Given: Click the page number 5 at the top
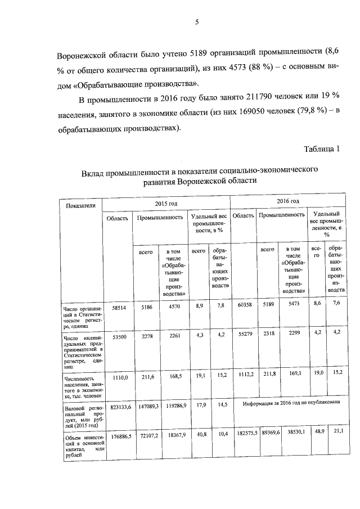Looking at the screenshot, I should [197, 22].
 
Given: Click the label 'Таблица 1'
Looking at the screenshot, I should [322, 149].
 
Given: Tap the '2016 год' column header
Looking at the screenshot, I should [288, 201].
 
